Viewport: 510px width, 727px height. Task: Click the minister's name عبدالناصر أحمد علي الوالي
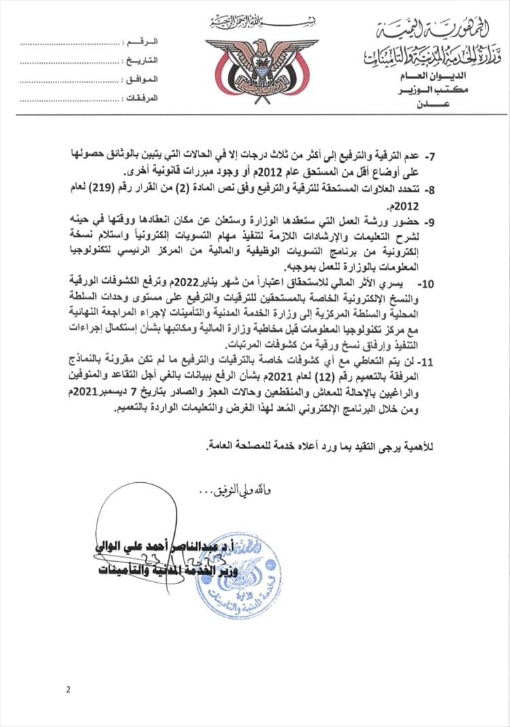pyautogui.click(x=148, y=545)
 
